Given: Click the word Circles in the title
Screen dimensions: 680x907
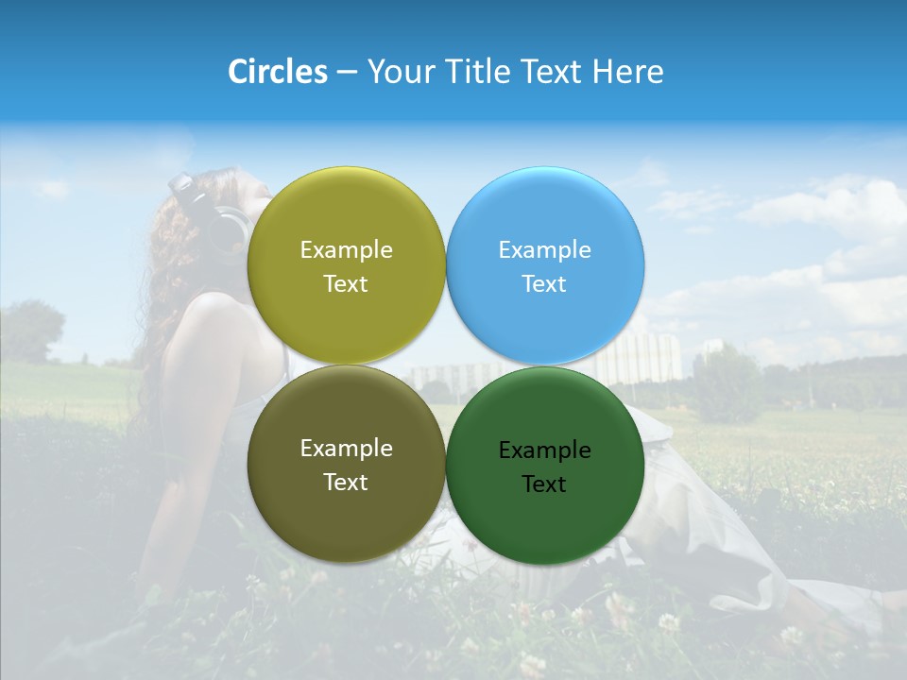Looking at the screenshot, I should pyautogui.click(x=277, y=72).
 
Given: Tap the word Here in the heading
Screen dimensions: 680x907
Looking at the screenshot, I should pyautogui.click(x=628, y=72).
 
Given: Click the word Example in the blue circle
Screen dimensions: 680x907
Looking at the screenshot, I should pyautogui.click(x=544, y=250).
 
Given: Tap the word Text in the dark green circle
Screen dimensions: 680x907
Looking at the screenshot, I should pyautogui.click(x=544, y=484).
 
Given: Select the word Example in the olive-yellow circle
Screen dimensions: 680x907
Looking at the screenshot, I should pyautogui.click(x=346, y=250).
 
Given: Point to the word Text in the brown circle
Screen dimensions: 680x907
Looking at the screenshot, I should pyautogui.click(x=346, y=483).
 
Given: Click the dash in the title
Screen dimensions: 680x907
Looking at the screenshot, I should pyautogui.click(x=347, y=73).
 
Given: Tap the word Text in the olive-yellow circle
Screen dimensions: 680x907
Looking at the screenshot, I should pyautogui.click(x=346, y=284).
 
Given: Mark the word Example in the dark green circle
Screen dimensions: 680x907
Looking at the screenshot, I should pyautogui.click(x=544, y=450).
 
